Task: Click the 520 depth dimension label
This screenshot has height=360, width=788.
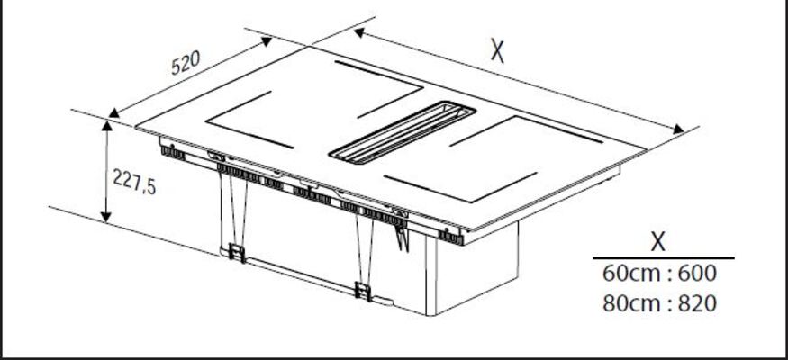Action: coord(185,64)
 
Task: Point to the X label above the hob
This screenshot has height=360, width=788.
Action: coord(498,51)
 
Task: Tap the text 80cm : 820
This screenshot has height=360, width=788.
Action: coord(659,303)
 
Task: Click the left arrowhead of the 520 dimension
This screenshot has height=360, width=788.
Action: coord(114,112)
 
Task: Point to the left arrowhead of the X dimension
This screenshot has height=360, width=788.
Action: coord(359,32)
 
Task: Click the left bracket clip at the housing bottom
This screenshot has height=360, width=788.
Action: coord(237,252)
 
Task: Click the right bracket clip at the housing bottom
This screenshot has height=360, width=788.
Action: coord(363,290)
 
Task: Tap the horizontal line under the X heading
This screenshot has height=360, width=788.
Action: coord(663,258)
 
